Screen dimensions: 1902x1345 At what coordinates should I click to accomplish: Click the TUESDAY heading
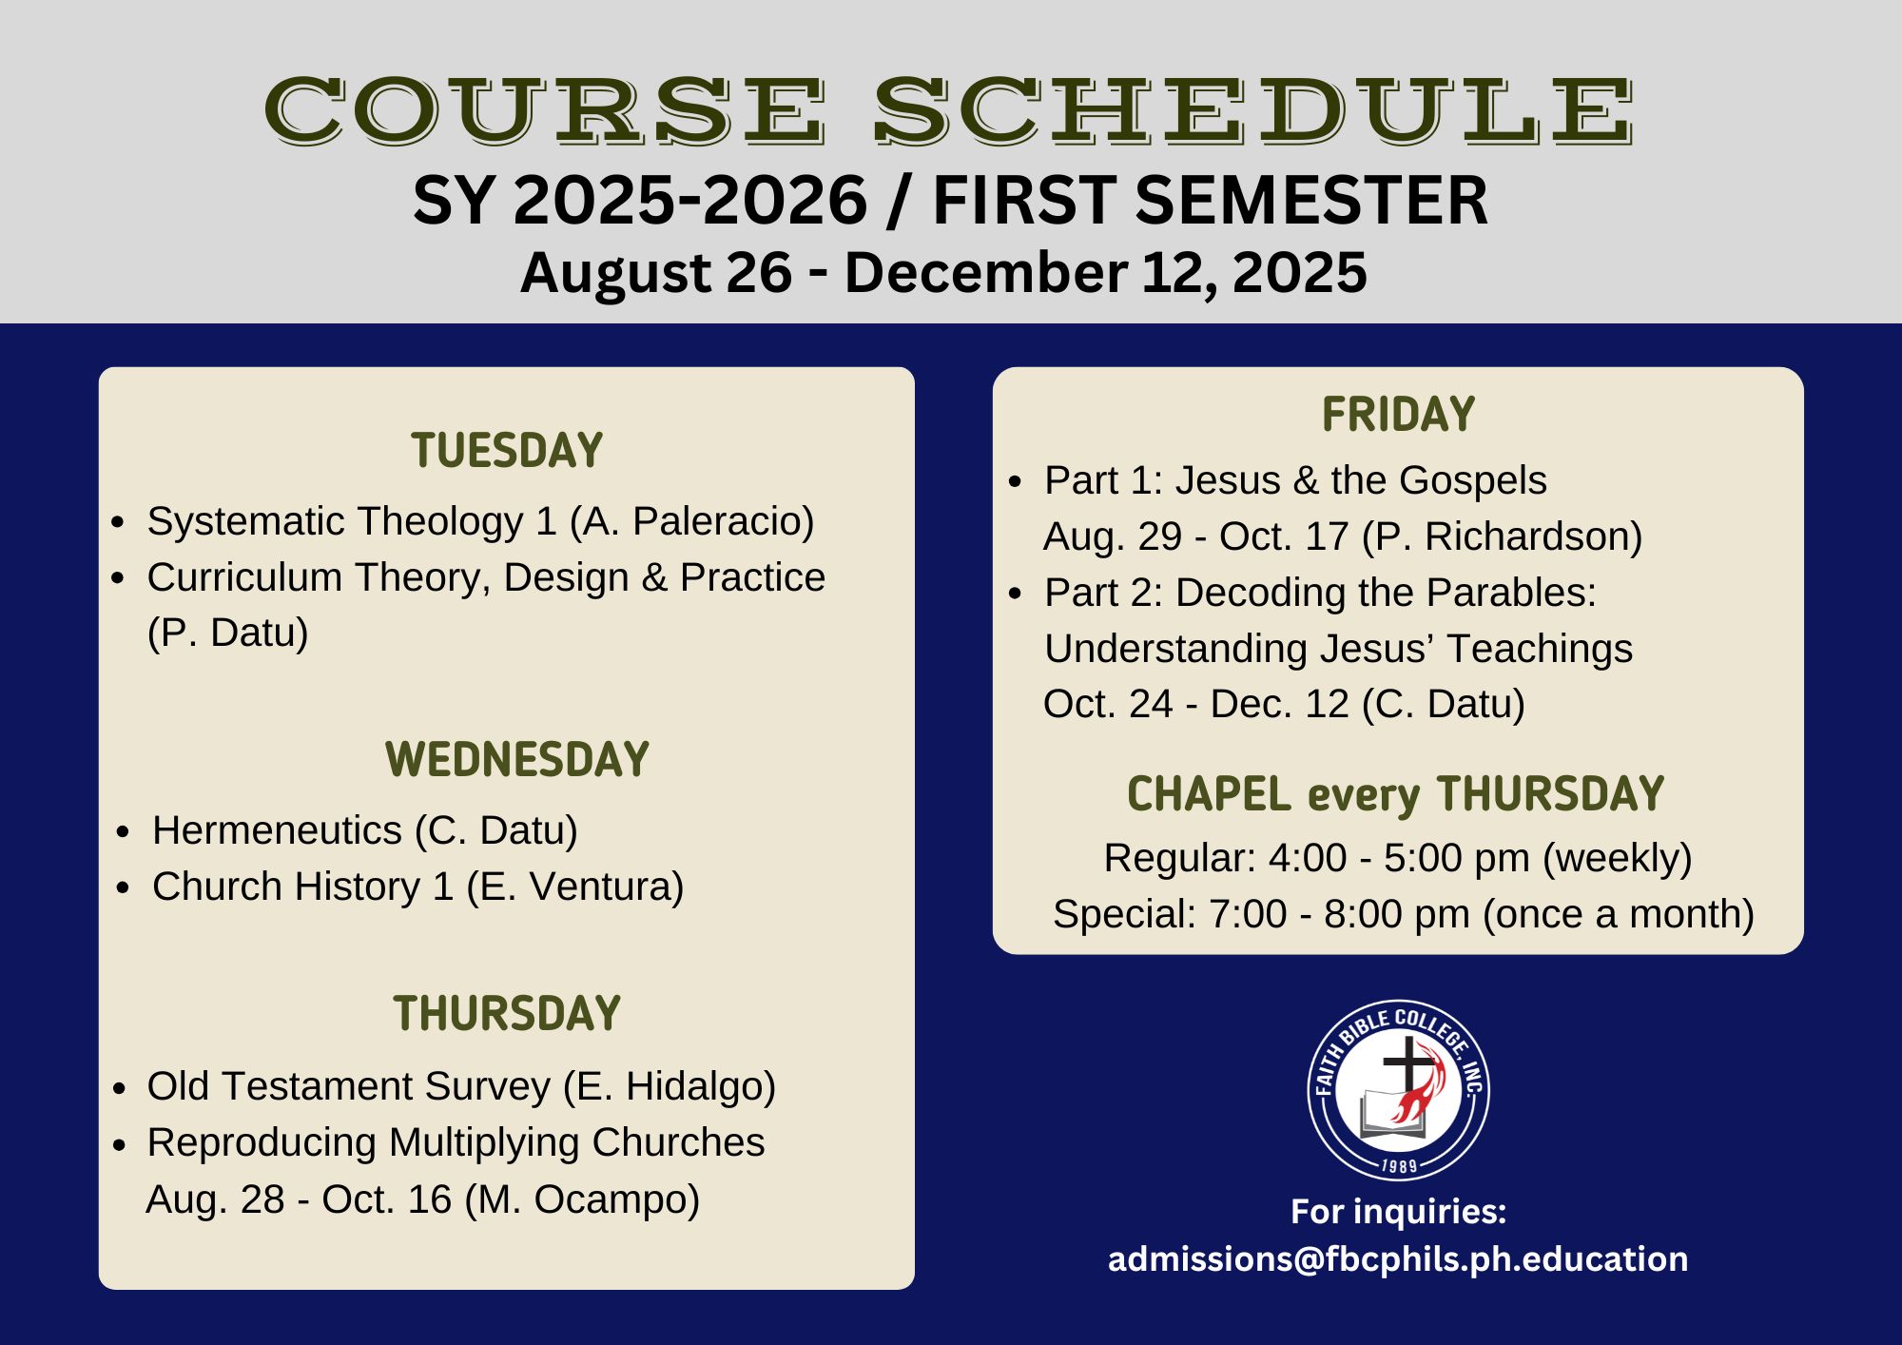pyautogui.click(x=507, y=451)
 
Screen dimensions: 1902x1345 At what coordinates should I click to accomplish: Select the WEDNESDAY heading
pyautogui.click(x=517, y=760)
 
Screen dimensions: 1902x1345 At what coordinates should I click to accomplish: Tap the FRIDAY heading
pyautogui.click(x=1398, y=415)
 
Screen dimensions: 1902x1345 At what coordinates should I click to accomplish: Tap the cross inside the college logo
pyautogui.click(x=1405, y=1065)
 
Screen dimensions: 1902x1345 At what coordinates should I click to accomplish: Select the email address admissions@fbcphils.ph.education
pyautogui.click(x=1398, y=1258)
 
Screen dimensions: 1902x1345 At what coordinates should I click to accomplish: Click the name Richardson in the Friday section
pyautogui.click(x=1526, y=536)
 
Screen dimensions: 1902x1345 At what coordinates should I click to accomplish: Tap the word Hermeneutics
pyautogui.click(x=277, y=830)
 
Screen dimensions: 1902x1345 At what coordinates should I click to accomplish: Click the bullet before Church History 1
pyautogui.click(x=123, y=888)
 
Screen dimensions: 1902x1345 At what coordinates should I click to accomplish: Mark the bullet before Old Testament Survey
pyautogui.click(x=119, y=1088)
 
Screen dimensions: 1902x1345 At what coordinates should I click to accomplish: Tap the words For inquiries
pyautogui.click(x=1398, y=1212)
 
